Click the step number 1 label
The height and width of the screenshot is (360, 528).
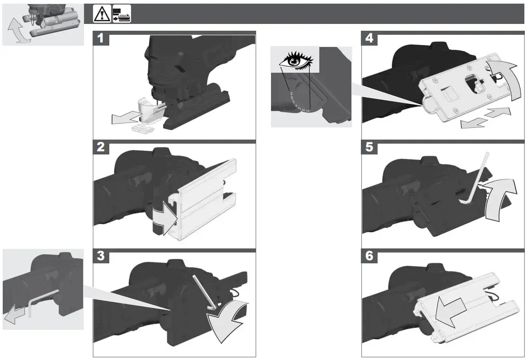click(101, 38)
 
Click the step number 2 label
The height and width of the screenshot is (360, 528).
click(101, 147)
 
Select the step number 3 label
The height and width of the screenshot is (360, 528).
click(101, 256)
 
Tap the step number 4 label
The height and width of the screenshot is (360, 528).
click(369, 38)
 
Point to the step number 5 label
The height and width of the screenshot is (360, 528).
click(369, 147)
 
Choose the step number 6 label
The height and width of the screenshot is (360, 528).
click(369, 256)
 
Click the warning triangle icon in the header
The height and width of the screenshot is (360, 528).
click(102, 14)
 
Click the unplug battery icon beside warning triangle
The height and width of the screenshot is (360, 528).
click(121, 14)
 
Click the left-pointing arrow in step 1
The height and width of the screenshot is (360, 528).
click(126, 118)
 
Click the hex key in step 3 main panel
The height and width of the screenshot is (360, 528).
click(204, 293)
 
